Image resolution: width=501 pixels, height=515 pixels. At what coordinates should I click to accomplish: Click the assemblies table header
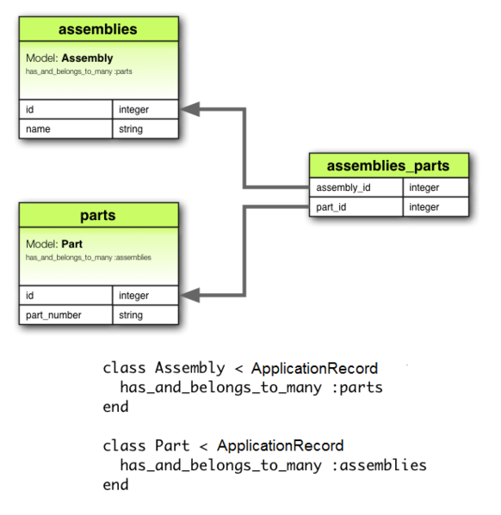coord(97,30)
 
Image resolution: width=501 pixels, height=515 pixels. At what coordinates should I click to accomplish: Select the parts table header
coord(97,215)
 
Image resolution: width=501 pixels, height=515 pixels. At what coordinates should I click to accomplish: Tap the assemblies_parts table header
coord(389,166)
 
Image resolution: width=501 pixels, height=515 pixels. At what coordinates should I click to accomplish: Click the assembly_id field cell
coord(356,187)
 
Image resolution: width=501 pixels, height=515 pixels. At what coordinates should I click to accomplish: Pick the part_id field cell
coord(356,207)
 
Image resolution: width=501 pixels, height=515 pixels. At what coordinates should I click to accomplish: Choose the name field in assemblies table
coord(65,129)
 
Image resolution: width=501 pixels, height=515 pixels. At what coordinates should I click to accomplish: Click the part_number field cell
coord(65,315)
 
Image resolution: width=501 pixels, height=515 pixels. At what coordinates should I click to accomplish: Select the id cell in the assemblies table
coord(65,109)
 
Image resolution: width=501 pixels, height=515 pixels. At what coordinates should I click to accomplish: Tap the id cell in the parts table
coord(65,295)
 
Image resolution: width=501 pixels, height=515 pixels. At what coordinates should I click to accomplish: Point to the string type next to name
coord(145,129)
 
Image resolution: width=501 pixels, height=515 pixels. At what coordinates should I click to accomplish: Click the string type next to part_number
coord(145,315)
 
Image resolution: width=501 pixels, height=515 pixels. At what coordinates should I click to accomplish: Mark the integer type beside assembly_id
coord(435,187)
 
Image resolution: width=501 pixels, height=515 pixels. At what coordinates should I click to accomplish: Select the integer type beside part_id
coord(435,207)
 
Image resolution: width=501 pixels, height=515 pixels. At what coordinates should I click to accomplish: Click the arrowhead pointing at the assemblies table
coord(190,109)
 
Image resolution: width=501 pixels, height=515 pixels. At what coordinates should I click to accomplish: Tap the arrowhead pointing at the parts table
coord(190,296)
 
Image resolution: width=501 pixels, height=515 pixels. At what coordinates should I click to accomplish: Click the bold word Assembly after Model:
coord(87,58)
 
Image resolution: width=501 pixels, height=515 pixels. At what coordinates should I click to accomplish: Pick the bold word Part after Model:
coord(72,244)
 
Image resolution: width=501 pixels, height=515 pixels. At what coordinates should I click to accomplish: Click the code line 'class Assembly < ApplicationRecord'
coord(240,368)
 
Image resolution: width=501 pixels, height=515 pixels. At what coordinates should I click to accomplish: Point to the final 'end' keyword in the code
coord(115,485)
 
